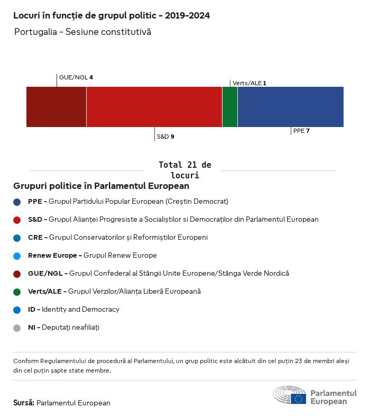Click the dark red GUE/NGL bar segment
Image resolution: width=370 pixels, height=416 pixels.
click(56, 107)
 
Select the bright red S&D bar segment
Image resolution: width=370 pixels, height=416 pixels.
click(154, 107)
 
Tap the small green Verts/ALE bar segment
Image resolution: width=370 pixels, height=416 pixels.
click(230, 107)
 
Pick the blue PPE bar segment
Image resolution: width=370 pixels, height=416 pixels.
click(290, 107)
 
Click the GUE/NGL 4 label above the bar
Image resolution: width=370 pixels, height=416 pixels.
click(76, 77)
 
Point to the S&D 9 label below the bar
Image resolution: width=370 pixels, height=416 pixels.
click(165, 137)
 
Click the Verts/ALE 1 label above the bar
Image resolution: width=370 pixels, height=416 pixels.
click(249, 83)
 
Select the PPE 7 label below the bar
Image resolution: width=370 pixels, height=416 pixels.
click(301, 131)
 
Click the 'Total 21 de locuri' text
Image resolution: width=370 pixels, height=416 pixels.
click(184, 170)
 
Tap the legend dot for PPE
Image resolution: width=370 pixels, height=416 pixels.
click(17, 202)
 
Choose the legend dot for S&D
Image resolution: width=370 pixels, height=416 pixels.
click(17, 220)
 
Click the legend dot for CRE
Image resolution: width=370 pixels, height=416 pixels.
click(17, 238)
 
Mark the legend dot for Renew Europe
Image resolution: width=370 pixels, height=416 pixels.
click(17, 256)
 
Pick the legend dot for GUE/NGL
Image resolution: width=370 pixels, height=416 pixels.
click(17, 274)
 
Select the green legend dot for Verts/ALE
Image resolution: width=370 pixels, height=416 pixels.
click(17, 292)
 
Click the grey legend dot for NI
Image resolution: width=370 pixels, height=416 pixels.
click(17, 328)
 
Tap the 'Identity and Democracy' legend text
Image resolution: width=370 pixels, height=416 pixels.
click(80, 309)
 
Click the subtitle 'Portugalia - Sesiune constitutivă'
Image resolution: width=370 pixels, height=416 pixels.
click(82, 32)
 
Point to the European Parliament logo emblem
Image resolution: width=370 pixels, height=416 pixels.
click(289, 395)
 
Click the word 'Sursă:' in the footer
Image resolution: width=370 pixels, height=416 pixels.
click(24, 403)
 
